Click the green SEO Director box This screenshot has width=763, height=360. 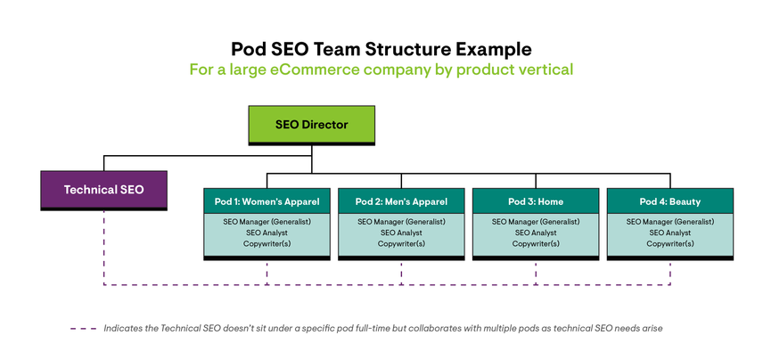311,125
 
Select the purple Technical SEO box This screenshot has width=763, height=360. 103,190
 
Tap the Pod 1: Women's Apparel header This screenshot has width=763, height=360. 267,201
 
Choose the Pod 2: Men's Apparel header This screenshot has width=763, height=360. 401,201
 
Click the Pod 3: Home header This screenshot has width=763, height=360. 536,201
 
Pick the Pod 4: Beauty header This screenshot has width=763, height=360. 670,201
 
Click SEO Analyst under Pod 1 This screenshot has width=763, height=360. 267,233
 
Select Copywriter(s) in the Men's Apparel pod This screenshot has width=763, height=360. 401,244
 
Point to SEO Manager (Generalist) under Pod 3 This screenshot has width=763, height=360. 536,221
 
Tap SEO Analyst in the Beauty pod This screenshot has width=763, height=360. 670,233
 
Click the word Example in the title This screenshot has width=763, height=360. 492,47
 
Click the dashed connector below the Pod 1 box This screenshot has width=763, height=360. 267,273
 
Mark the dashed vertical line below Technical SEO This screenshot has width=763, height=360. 103,250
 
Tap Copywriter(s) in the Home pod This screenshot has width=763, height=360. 536,244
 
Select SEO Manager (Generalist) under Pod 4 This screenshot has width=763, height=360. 670,221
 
